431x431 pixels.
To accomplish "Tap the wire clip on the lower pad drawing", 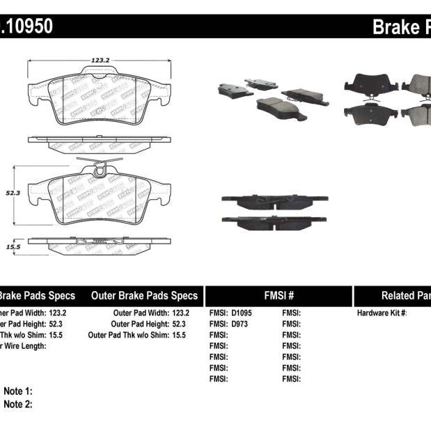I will click(x=100, y=167).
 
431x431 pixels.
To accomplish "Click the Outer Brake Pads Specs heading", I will click(x=144, y=295).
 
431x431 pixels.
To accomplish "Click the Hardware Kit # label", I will click(x=382, y=313).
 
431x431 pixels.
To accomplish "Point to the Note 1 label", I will click(x=18, y=391).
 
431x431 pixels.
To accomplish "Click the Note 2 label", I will click(x=18, y=404).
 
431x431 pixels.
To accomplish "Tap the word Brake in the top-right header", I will click(x=395, y=27).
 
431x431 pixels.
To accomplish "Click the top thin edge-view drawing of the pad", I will click(x=99, y=142).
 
